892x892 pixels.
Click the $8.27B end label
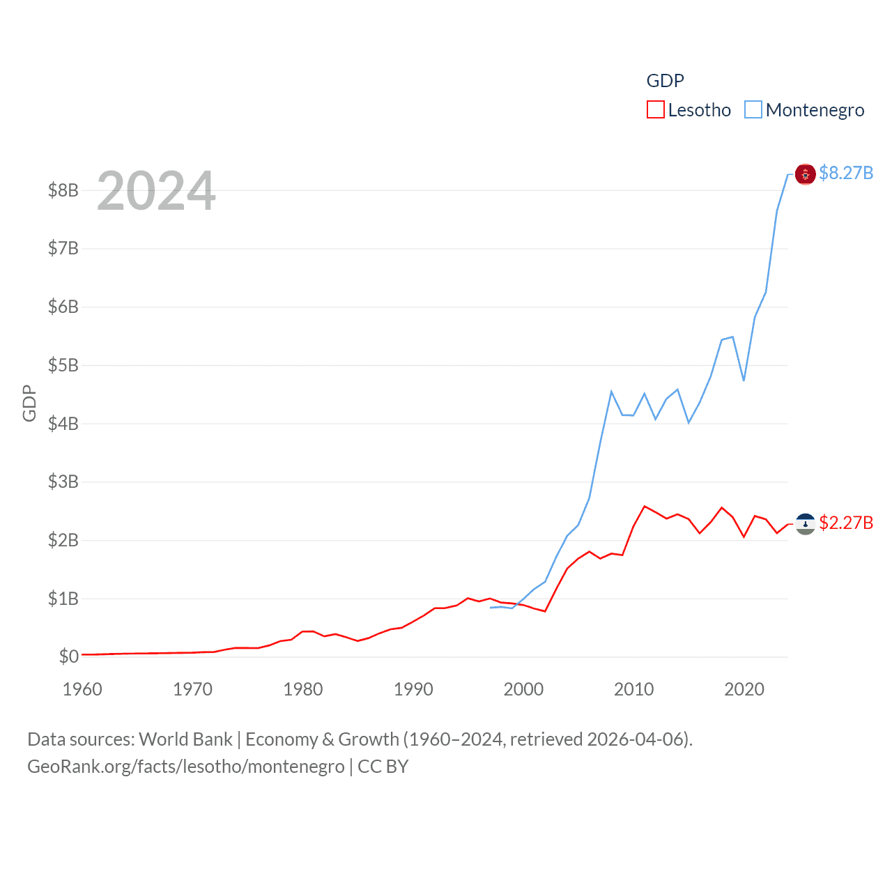pos(846,173)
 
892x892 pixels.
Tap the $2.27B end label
pos(846,523)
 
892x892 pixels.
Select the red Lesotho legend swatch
pos(655,110)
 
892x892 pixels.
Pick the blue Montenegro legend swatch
pos(753,110)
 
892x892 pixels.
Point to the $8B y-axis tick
pos(63,190)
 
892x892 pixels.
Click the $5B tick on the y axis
pos(63,365)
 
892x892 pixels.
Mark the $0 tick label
pos(68,656)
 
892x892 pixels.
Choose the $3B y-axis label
pos(63,482)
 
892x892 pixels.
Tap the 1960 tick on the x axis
pos(82,689)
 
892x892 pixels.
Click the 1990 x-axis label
pos(413,689)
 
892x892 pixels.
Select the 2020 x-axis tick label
pos(744,689)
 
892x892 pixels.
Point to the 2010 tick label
pos(634,689)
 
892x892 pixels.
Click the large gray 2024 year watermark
pos(156,191)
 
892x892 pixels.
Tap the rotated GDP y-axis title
pos(29,403)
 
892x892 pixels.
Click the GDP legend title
pos(665,81)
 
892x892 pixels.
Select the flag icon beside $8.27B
pos(805,174)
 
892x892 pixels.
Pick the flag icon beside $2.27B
pos(805,524)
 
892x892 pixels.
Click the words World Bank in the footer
pos(185,739)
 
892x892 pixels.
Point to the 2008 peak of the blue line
pos(611,392)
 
